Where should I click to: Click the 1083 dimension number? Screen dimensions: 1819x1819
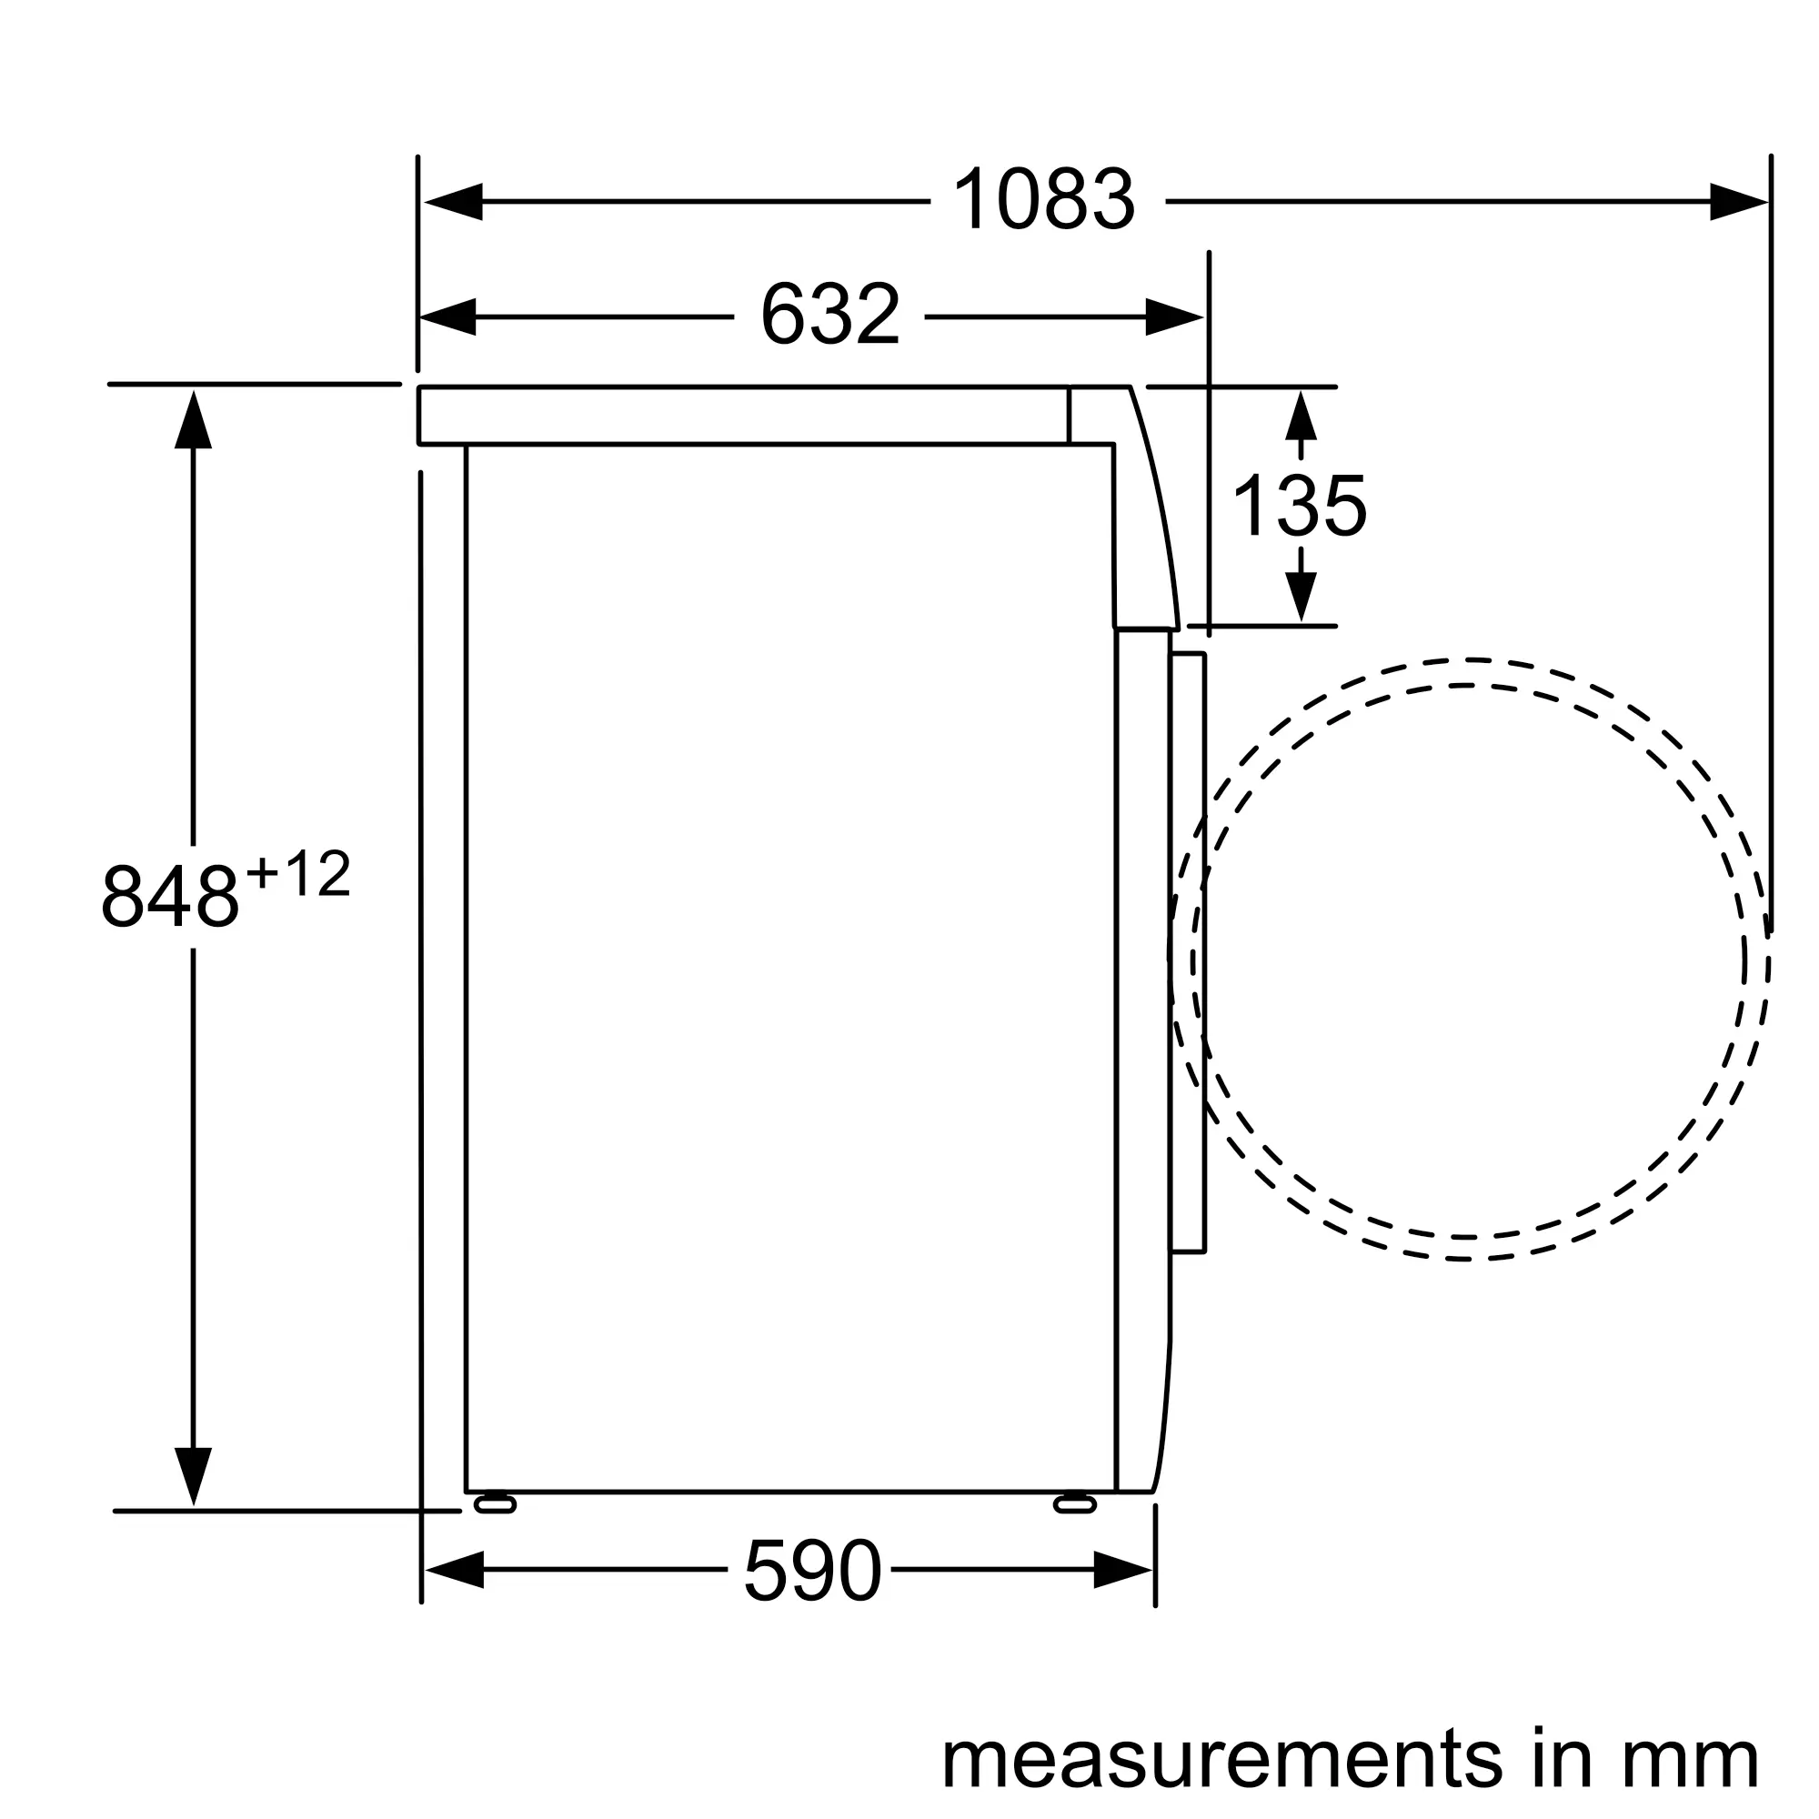point(1044,200)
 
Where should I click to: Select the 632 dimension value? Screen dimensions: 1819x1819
point(830,315)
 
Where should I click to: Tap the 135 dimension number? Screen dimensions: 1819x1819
point(1300,507)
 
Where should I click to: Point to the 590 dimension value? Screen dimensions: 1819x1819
point(812,1572)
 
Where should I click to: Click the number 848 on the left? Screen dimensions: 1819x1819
point(170,898)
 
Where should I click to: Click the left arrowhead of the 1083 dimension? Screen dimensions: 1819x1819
point(453,202)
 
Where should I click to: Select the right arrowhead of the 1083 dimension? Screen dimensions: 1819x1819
point(1739,202)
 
